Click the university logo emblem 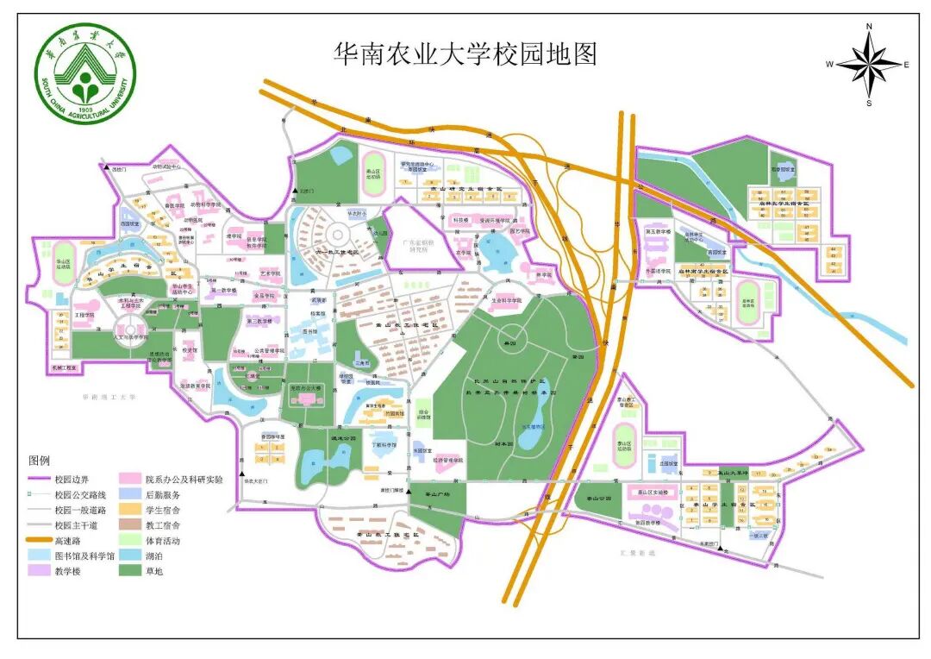click(85, 75)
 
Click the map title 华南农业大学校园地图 click(465, 54)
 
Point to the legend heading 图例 click(41, 460)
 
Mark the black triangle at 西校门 click(105, 167)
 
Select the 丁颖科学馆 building click(384, 446)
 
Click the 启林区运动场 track click(747, 297)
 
